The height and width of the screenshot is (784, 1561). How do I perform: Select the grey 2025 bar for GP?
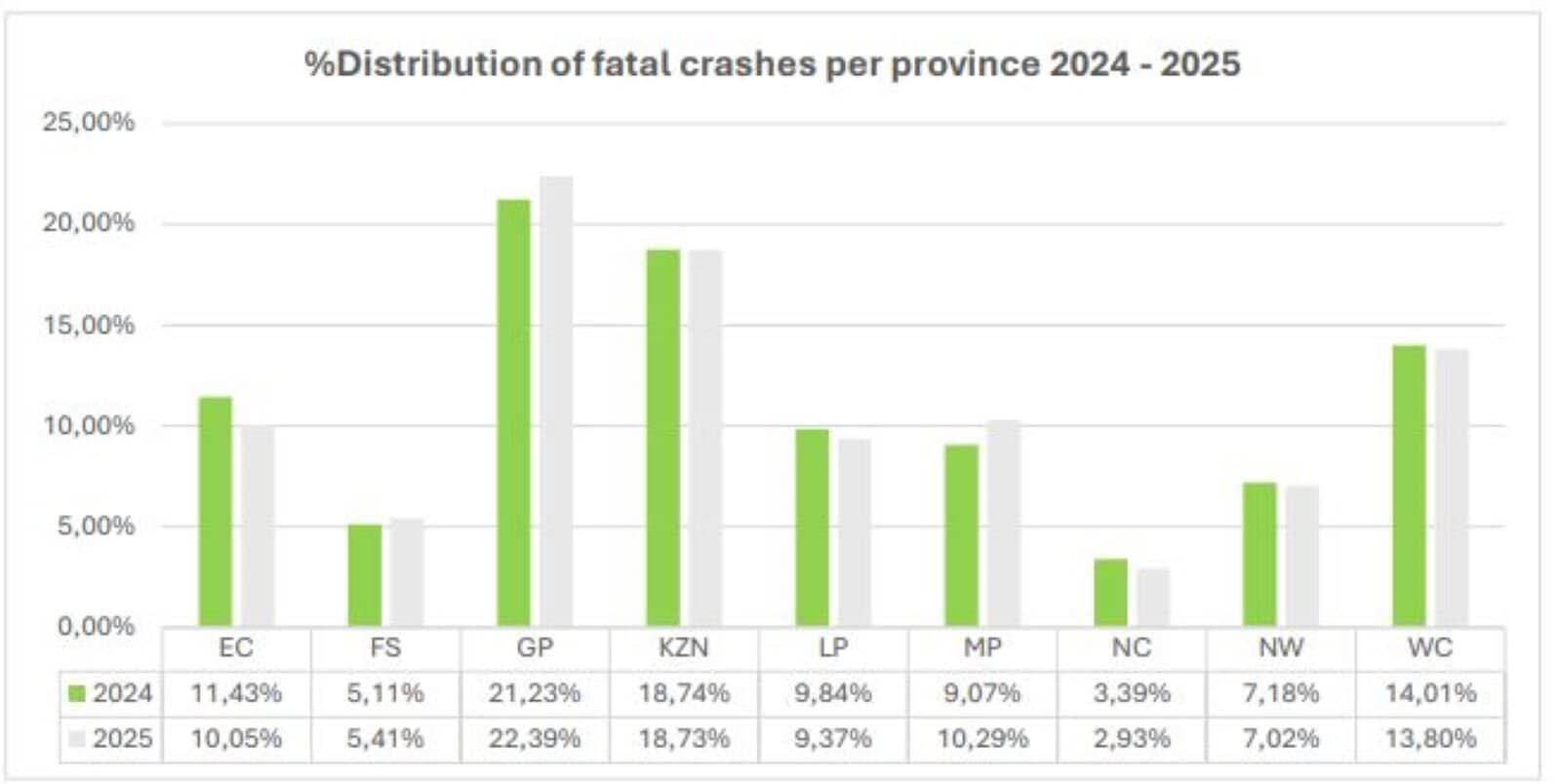coord(556,401)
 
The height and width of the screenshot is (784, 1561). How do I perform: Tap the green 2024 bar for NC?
coord(1110,592)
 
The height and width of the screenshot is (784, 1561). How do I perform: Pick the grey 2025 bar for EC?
coord(258,526)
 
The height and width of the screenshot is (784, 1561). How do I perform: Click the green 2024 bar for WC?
coord(1409,486)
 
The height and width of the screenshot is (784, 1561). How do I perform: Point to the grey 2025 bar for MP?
coord(1003,523)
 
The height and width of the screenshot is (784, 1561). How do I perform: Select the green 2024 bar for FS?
coord(365,575)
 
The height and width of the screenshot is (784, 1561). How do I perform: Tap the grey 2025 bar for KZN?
coord(704,438)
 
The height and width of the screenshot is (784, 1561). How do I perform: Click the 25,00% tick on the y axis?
coord(88,123)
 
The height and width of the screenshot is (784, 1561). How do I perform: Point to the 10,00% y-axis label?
coord(88,426)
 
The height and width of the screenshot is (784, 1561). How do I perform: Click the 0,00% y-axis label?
coord(96,627)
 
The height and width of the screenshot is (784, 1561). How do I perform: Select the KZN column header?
coord(683,647)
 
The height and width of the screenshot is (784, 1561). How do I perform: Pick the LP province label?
coord(832,647)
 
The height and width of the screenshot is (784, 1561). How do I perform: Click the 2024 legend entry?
coord(111,693)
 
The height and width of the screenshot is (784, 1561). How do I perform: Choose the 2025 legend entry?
coord(111,738)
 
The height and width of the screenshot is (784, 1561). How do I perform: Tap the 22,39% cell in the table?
coord(534,738)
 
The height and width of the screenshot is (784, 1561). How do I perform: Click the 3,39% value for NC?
coord(1131,693)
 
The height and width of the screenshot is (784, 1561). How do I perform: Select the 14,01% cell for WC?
coord(1429,693)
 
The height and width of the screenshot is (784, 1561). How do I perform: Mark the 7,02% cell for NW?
coord(1280,738)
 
